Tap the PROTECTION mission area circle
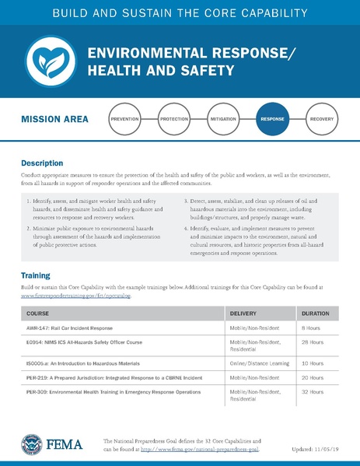click(174, 120)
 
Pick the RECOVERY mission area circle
click(321, 120)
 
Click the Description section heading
click(42, 164)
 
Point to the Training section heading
click(36, 275)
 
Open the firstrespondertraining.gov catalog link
click(76, 296)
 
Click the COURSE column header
click(38, 314)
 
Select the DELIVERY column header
click(246, 314)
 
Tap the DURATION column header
click(316, 314)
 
